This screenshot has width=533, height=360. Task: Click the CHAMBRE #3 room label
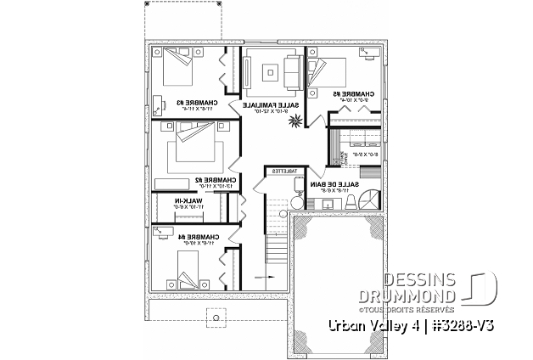pos(195,104)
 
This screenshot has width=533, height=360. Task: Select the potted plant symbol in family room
pos(294,122)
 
